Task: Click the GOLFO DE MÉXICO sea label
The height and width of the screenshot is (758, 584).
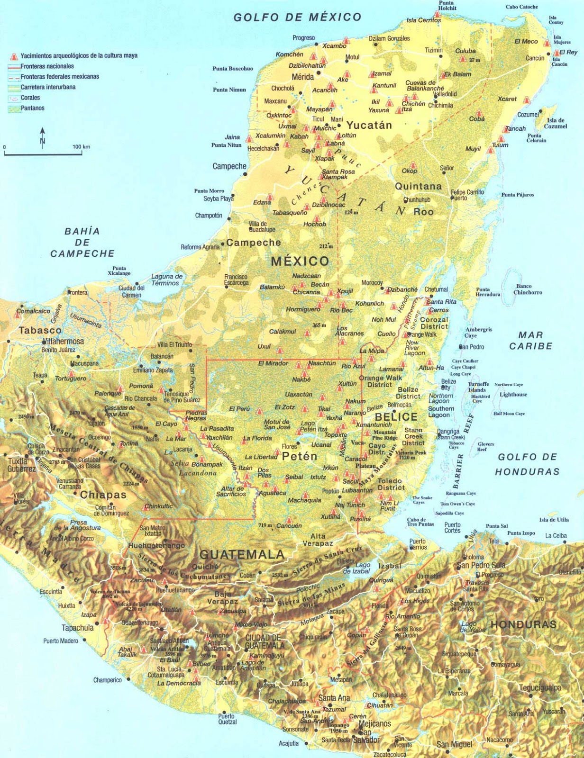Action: pos(298,18)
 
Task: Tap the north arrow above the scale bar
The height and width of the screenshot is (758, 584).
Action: pos(43,136)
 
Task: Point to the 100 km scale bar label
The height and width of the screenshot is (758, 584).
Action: pos(81,147)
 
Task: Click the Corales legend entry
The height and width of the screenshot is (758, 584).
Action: pos(30,98)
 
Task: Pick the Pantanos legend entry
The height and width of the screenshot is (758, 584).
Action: pos(32,108)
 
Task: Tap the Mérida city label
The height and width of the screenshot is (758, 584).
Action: pos(302,77)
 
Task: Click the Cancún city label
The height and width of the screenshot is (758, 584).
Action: pos(535,58)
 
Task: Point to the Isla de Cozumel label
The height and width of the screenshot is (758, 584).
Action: pos(555,123)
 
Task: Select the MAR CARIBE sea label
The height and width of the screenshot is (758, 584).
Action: pos(531,341)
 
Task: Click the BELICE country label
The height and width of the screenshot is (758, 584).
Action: pos(396,417)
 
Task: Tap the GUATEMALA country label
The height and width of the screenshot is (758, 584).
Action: pos(242,555)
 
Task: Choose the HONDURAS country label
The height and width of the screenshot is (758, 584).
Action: pos(523,624)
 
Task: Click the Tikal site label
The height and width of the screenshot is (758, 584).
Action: pos(324,409)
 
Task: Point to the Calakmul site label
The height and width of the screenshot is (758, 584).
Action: pos(283,332)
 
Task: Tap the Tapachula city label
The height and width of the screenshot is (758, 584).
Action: pos(77,628)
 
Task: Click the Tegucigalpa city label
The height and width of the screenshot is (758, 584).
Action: pos(540,687)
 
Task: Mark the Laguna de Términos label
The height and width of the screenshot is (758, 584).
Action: pos(166,280)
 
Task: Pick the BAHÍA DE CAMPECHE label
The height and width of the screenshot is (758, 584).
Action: pos(82,242)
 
